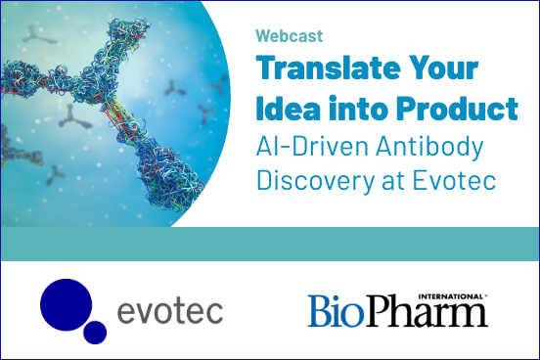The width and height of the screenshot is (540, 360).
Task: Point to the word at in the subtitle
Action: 380,182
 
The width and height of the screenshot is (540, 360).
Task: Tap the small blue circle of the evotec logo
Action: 96,333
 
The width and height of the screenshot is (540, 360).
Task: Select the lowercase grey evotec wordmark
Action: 170,312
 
